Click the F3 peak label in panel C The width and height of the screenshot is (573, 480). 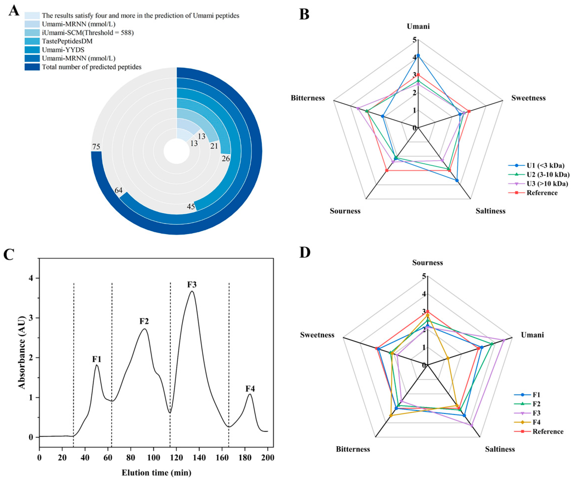(x=192, y=285)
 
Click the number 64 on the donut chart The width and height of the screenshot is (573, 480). (x=118, y=190)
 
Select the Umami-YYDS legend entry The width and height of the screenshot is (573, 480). (x=63, y=50)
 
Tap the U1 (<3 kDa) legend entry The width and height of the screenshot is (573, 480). (x=545, y=165)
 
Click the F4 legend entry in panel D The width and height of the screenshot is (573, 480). (x=536, y=422)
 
